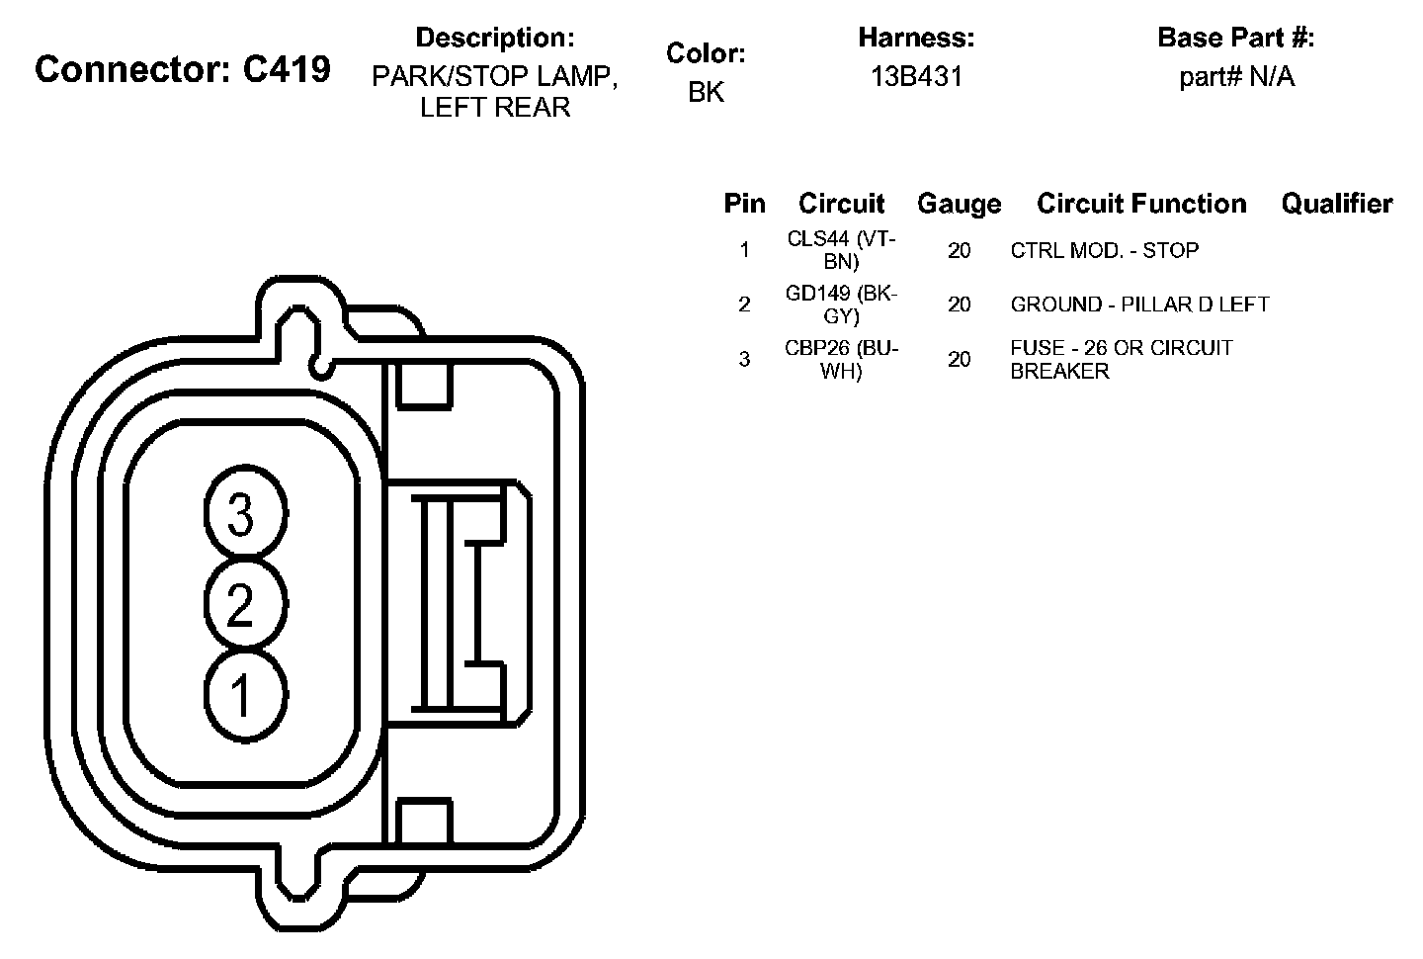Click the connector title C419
click(x=183, y=68)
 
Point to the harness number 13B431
click(x=916, y=76)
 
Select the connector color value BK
click(x=706, y=92)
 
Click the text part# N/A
click(x=1236, y=76)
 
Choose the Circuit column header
click(x=841, y=204)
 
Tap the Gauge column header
click(x=960, y=204)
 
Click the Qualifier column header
click(x=1337, y=204)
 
